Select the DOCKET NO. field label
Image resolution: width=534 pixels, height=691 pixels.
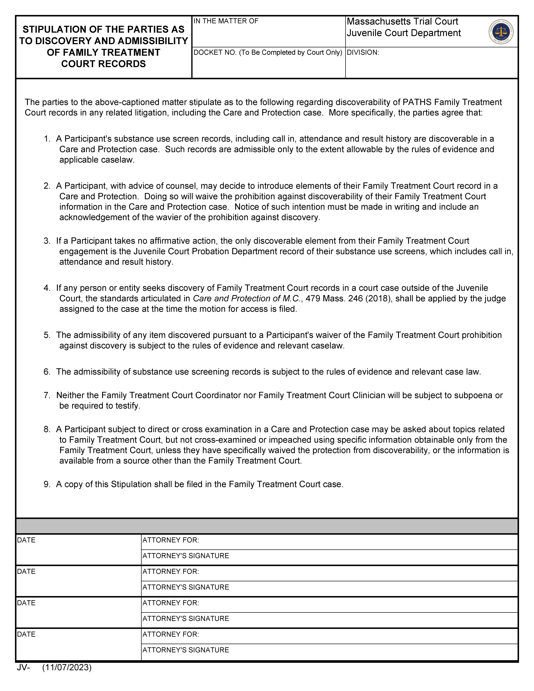pos(268,53)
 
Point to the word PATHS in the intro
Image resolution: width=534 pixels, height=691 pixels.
pos(417,102)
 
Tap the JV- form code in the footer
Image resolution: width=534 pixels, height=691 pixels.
pos(23,667)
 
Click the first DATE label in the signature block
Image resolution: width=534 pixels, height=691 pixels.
pos(26,540)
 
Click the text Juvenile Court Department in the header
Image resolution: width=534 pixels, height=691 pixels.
pos(404,33)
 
